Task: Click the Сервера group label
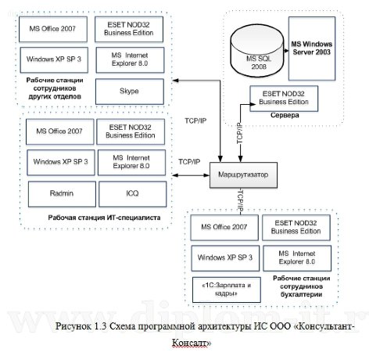point(280,114)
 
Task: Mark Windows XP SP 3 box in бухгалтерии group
point(224,256)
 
